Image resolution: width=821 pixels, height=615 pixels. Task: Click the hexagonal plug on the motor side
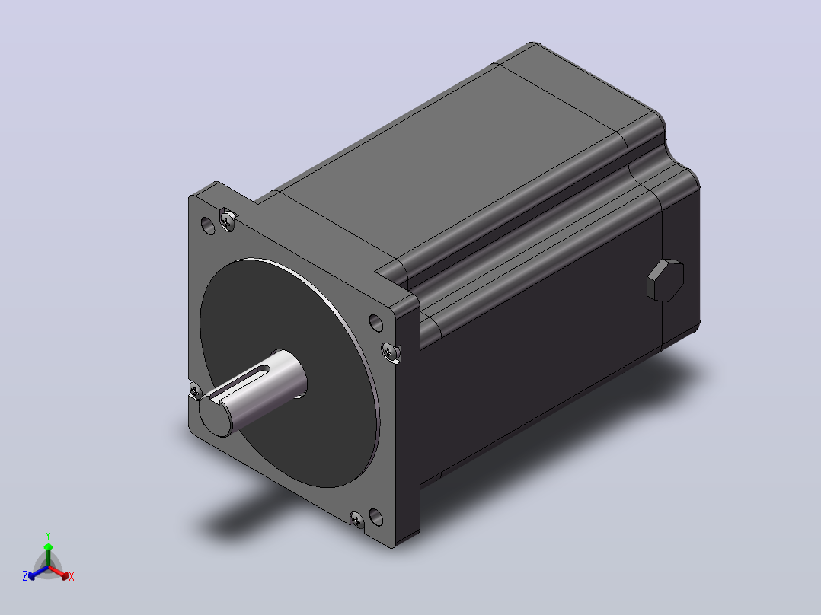pyautogui.click(x=665, y=280)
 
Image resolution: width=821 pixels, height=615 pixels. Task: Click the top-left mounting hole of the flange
pyautogui.click(x=208, y=225)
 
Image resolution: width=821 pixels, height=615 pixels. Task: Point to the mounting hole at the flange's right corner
pyautogui.click(x=376, y=323)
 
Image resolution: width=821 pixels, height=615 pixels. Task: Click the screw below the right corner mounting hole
pyautogui.click(x=390, y=351)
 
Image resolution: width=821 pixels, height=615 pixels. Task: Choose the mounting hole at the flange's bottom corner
pyautogui.click(x=376, y=517)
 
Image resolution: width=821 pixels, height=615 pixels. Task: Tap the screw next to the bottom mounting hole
pyautogui.click(x=358, y=519)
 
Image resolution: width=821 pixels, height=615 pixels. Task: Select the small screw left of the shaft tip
pyautogui.click(x=195, y=390)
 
